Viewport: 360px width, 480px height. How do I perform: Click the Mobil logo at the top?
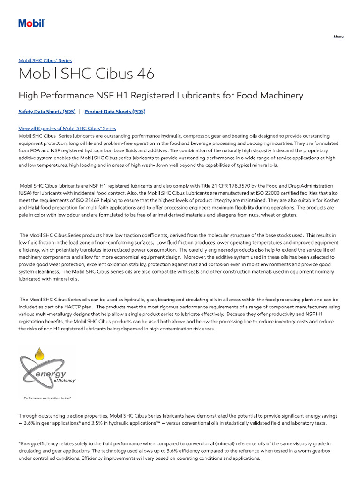[x=31, y=23]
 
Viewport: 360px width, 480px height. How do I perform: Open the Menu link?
[x=338, y=37]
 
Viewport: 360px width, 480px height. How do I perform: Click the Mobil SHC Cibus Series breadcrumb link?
[x=45, y=60]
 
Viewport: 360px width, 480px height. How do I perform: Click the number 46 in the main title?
[x=142, y=74]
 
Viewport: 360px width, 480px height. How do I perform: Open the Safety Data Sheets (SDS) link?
[x=46, y=112]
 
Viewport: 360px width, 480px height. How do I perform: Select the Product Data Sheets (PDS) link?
[x=115, y=112]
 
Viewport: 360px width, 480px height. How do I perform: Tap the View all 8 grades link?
[x=67, y=128]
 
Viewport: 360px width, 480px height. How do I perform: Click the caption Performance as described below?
[x=47, y=397]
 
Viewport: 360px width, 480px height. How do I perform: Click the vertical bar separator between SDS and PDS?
[x=79, y=112]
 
